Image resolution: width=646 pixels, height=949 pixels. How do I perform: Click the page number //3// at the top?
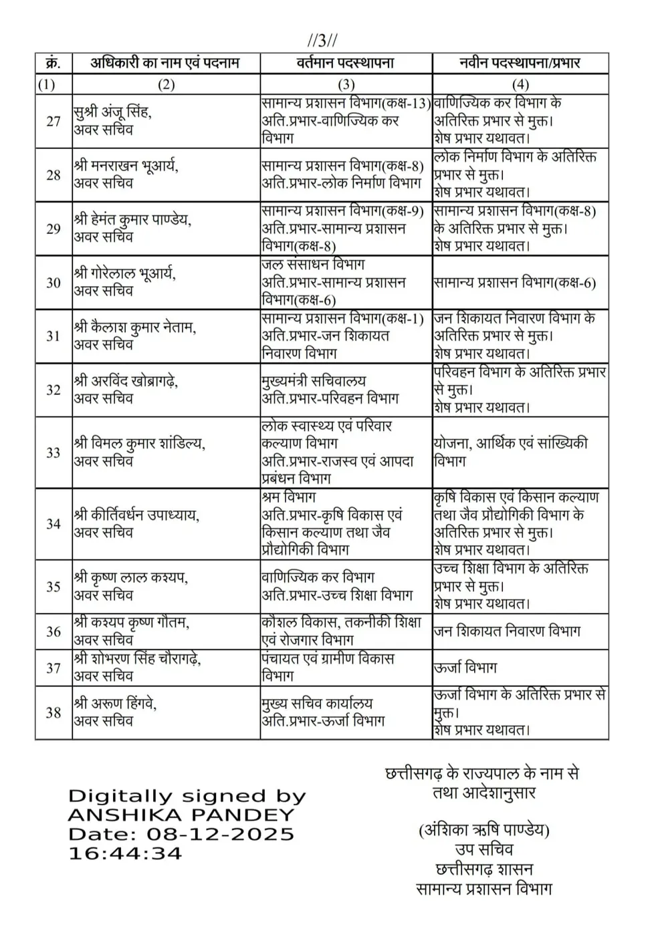pos(322,41)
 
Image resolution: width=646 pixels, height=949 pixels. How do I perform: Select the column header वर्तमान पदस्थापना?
pos(345,63)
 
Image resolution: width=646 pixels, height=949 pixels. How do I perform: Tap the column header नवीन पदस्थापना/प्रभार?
pos(520,63)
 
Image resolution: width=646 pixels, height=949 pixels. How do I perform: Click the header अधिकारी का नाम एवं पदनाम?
pos(165,63)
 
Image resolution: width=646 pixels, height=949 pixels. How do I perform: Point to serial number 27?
pos(53,122)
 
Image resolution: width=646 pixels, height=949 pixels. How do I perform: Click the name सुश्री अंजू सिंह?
pos(112,112)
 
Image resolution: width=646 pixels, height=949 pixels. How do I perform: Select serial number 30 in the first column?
pos(53,283)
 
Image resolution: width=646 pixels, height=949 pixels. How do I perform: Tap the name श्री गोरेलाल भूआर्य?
pos(125,274)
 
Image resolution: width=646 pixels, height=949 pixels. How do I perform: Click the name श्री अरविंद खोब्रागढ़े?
pos(126,381)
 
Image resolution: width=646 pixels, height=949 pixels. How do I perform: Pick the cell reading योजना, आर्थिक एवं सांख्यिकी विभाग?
pos(511,452)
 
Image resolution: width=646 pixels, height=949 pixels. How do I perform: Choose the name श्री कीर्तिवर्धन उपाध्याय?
pos(136,515)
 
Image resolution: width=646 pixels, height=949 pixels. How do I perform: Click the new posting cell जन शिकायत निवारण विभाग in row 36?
pos(507,631)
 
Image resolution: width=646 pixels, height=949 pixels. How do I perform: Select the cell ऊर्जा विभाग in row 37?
pos(465,668)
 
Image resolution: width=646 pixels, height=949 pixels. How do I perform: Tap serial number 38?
pos(53,712)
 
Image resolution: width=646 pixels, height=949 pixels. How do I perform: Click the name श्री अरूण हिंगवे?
pos(115,704)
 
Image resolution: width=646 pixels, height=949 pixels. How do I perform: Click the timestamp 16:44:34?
pos(125,853)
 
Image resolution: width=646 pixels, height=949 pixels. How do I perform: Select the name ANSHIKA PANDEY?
pos(181,815)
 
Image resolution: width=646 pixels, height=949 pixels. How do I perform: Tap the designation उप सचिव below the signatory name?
pos(483,849)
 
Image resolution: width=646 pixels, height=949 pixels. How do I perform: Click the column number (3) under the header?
pos(346,84)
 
